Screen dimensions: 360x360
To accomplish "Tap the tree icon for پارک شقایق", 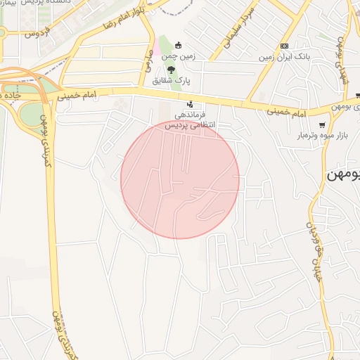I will [x=170, y=69].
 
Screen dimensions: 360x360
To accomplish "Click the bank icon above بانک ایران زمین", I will [x=284, y=46].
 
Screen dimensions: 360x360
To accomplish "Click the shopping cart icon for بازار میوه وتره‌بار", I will [x=322, y=124].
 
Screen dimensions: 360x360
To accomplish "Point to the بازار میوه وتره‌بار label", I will [x=310, y=135].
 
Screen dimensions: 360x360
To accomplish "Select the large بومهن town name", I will [x=343, y=174].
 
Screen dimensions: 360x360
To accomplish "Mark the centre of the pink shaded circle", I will [x=180, y=180].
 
